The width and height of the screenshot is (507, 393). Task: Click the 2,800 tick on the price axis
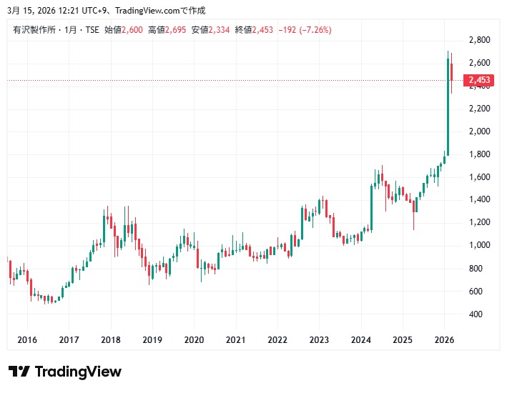pos(479,40)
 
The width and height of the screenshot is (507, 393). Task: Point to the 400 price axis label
pos(475,314)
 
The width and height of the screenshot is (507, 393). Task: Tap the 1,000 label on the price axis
pos(479,246)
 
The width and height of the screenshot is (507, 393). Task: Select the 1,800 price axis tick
pos(479,154)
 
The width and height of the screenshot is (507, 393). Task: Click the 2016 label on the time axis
pos(26,340)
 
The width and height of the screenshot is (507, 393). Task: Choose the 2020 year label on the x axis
pos(194,340)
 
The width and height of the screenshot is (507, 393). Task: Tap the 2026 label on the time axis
pos(445,340)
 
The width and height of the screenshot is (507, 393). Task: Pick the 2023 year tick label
pos(320,340)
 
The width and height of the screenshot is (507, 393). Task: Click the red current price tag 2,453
pos(479,81)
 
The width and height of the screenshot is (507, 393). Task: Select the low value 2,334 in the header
pos(220,29)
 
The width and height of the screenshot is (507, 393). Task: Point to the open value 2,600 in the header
pos(132,29)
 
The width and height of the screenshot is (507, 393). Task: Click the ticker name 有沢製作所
pos(31,29)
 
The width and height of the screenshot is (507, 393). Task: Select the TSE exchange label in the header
pos(92,29)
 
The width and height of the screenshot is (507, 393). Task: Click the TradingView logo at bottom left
pos(64,372)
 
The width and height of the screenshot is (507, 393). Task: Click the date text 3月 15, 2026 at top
pos(34,10)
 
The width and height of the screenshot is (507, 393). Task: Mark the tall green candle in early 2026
pos(448,107)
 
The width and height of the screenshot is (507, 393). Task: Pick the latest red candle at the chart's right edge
pos(452,75)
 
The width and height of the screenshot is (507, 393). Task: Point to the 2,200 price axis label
pos(479,109)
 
